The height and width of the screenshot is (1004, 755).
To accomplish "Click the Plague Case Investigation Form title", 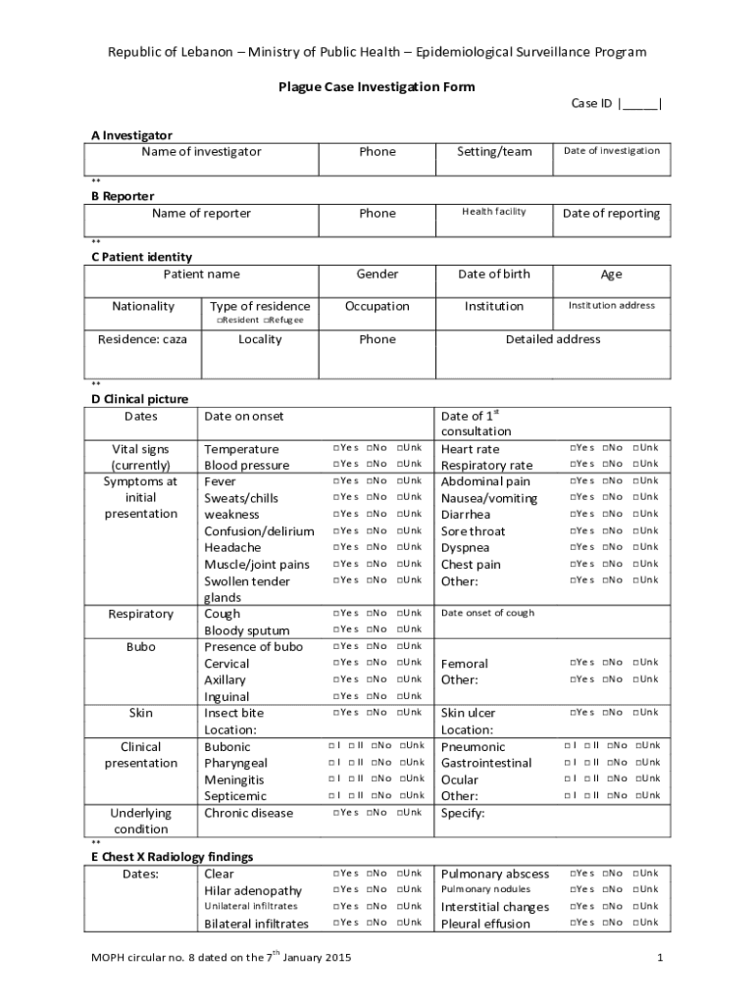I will [x=377, y=87].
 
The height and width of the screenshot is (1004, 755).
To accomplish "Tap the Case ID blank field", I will [x=639, y=104].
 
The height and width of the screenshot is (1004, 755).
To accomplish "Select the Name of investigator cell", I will [x=201, y=152].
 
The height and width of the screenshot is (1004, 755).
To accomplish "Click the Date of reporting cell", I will [x=611, y=214].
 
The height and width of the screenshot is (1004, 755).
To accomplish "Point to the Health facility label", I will [x=494, y=212].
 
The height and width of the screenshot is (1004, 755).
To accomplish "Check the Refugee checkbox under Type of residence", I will [x=266, y=321].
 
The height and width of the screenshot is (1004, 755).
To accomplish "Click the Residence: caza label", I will [x=142, y=339].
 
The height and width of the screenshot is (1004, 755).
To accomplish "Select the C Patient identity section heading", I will [x=141, y=257].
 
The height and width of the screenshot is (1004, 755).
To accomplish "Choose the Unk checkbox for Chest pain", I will [x=636, y=564].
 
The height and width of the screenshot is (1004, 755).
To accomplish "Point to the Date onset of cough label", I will [x=487, y=614].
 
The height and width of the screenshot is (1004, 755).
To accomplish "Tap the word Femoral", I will [x=464, y=664].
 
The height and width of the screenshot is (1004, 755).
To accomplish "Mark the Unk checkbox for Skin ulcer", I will [x=636, y=713].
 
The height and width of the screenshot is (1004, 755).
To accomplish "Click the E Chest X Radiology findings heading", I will [x=173, y=857].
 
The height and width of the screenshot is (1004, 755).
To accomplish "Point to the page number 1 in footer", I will [x=661, y=957].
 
